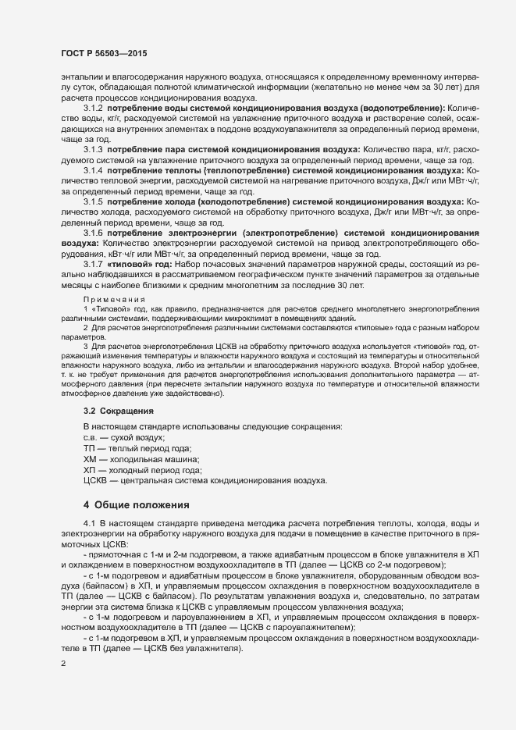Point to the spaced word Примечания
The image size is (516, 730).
[x=115, y=301]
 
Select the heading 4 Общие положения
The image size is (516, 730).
[x=137, y=504]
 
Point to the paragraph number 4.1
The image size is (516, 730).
[x=89, y=522]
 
